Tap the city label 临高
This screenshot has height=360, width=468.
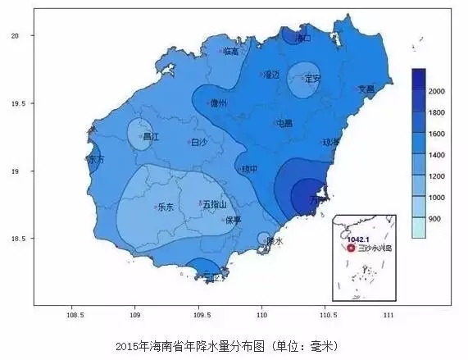(x=230, y=52)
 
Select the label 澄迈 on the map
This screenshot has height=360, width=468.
(x=271, y=75)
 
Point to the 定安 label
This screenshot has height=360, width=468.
(x=312, y=80)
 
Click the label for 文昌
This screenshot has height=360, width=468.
(x=366, y=89)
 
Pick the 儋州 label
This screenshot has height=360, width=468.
(x=219, y=103)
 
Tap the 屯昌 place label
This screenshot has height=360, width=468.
(x=284, y=123)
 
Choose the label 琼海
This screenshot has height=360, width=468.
(x=331, y=142)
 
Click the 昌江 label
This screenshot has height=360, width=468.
(x=151, y=137)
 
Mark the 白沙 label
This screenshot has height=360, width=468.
(x=198, y=142)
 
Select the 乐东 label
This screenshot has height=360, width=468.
(x=165, y=207)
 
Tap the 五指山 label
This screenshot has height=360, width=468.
(x=214, y=204)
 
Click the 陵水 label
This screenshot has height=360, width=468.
(x=274, y=241)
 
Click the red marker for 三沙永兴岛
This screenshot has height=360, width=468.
(x=351, y=248)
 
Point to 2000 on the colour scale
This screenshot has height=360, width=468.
(x=437, y=89)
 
